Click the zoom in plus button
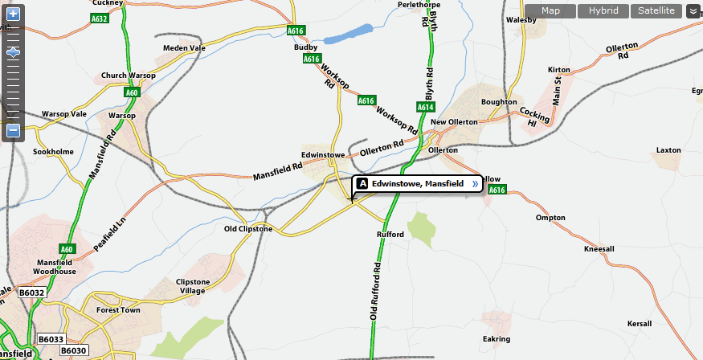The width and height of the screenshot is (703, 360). [x=13, y=14]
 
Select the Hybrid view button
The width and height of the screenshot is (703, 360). [x=603, y=10]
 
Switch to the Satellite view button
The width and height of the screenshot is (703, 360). [x=656, y=10]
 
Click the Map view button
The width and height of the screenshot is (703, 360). [x=550, y=10]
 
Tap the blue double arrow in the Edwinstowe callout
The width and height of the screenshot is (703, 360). [x=474, y=184]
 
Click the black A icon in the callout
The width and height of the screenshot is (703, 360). [x=362, y=184]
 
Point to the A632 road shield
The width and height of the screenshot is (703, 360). [x=100, y=18]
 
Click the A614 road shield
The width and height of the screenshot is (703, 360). [x=426, y=107]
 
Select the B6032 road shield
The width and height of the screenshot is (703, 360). [x=32, y=293]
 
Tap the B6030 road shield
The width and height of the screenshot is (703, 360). [x=73, y=350]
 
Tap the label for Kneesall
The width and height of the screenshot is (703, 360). [x=599, y=249]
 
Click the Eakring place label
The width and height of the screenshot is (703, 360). [x=496, y=339]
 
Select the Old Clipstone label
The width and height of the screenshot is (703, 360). [x=247, y=229]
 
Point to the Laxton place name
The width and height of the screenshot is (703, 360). [x=668, y=150]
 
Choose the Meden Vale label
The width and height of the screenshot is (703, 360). [x=185, y=48]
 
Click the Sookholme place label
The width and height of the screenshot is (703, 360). [x=53, y=151]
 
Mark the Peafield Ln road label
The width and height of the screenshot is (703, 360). [x=110, y=233]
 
